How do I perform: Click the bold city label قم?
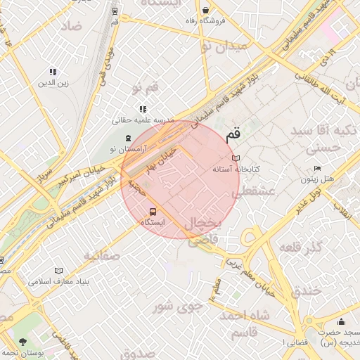click(232, 134)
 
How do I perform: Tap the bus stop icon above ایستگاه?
click(153, 211)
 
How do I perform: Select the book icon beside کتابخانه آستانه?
click(236, 159)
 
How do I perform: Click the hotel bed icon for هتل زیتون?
click(317, 169)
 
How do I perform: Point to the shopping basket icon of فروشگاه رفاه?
click(205, 10)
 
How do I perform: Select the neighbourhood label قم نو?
click(144, 87)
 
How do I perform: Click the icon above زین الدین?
click(52, 72)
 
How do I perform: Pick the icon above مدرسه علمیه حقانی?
click(143, 109)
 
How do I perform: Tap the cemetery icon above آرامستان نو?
click(127, 139)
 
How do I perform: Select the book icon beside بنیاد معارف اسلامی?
click(58, 271)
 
